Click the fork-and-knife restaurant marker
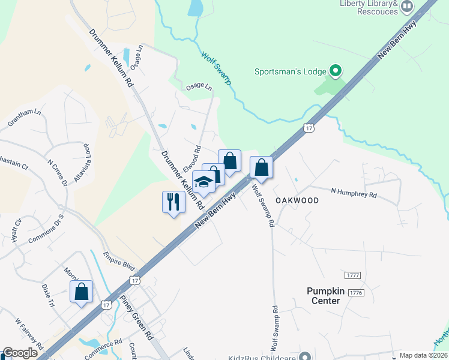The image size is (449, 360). click(x=173, y=201)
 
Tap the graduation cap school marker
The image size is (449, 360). click(x=203, y=182)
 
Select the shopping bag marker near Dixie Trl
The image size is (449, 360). click(x=81, y=292)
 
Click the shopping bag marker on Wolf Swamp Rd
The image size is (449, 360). click(x=261, y=167)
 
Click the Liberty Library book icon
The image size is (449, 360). click(x=408, y=7)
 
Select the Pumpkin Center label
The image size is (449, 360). click(x=326, y=296)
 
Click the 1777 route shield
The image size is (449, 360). click(x=353, y=275)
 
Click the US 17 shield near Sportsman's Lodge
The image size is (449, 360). click(x=309, y=128)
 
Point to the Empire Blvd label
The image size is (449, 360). click(x=118, y=262)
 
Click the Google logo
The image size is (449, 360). click(x=20, y=353)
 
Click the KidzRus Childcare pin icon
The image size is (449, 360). click(x=306, y=357)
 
